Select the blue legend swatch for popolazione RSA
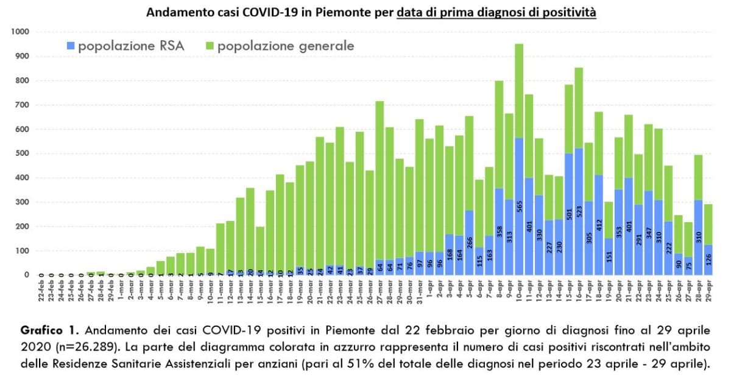(x=71, y=46)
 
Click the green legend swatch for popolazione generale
(x=210, y=46)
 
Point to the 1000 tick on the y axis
(x=21, y=32)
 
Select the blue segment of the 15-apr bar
(x=569, y=213)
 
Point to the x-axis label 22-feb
(x=41, y=292)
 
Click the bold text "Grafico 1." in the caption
(x=50, y=331)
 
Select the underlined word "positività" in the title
(x=566, y=12)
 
